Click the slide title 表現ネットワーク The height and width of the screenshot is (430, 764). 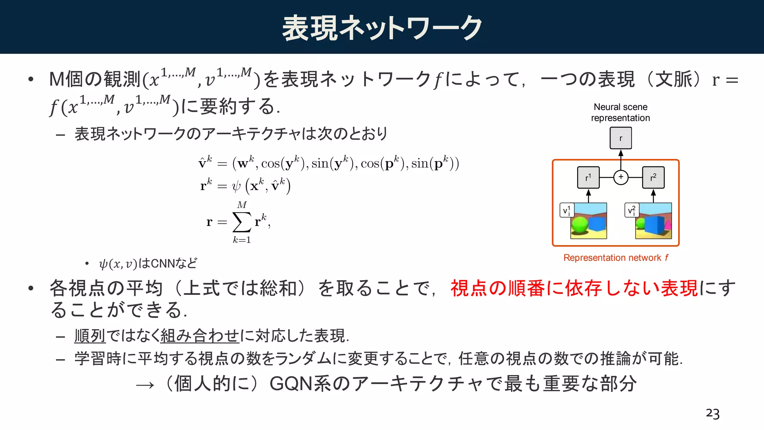click(382, 28)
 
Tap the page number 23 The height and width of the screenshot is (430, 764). click(713, 414)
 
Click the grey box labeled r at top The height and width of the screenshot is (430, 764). click(621, 138)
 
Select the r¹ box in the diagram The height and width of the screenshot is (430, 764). click(588, 177)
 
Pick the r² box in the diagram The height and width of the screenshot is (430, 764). click(653, 177)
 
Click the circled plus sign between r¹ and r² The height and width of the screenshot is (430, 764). click(621, 177)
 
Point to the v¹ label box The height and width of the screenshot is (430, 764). click(567, 210)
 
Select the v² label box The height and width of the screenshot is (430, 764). click(632, 210)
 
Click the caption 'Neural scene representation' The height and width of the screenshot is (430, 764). click(620, 112)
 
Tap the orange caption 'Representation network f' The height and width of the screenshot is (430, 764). click(616, 258)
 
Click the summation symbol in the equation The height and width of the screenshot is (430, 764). click(242, 222)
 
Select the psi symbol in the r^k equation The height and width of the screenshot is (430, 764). click(236, 186)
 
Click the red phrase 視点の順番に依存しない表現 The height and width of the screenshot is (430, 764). click(574, 288)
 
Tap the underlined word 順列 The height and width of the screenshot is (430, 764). click(90, 336)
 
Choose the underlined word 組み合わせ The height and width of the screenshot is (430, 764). click(200, 336)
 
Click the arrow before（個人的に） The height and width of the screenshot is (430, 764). click(145, 385)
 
